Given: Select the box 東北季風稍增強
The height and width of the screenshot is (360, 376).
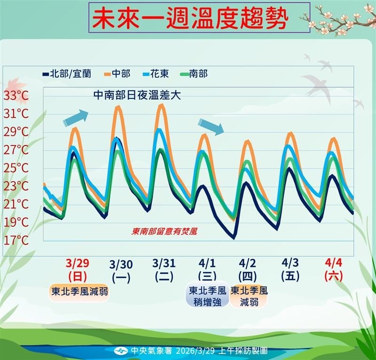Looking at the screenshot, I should [x=207, y=296].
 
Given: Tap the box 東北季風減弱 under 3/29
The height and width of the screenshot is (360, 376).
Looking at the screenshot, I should [x=79, y=291].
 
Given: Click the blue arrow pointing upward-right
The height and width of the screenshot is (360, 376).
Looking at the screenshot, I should [x=76, y=117].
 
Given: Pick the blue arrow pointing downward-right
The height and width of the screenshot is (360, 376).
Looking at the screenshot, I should [x=211, y=126].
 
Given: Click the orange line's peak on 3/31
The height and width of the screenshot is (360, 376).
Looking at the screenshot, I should [x=162, y=105].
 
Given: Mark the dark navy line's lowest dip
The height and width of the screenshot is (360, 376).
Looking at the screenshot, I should [x=234, y=238].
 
